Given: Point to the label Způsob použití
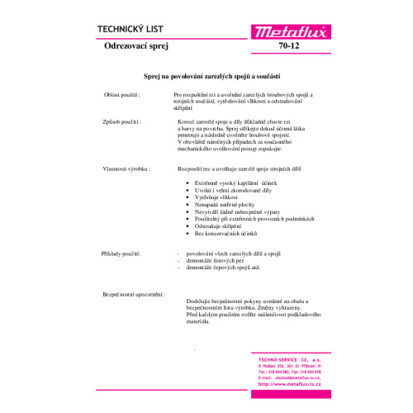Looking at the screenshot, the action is tap(121, 121).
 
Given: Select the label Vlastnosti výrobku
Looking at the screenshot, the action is tap(127, 168).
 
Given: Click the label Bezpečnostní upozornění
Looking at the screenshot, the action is tap(134, 293).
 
